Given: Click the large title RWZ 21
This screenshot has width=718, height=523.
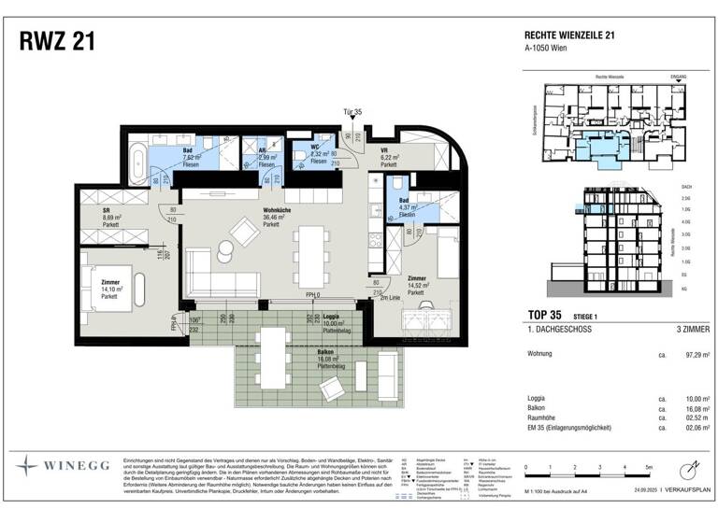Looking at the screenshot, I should pos(56,42).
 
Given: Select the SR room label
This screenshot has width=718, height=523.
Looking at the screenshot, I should pos(108,211).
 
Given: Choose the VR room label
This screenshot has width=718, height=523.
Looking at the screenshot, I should pos(382,149).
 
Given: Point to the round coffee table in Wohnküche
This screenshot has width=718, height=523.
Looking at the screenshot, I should pos(226,247).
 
